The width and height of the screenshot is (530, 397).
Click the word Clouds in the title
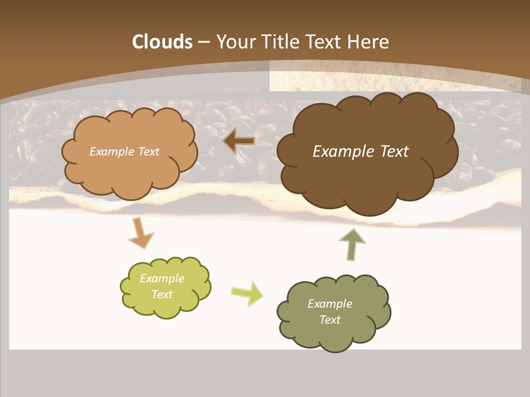click(x=162, y=42)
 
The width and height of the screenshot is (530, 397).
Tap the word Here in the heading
click(x=370, y=42)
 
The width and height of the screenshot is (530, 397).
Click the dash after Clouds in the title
click(x=203, y=42)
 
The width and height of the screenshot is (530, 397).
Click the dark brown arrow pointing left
click(x=239, y=141)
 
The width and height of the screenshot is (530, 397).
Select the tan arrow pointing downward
click(x=140, y=233)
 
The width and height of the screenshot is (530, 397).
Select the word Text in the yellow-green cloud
click(x=162, y=294)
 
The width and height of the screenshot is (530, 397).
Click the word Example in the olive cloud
click(x=330, y=304)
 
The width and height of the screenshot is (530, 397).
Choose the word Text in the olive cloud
click(x=330, y=320)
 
